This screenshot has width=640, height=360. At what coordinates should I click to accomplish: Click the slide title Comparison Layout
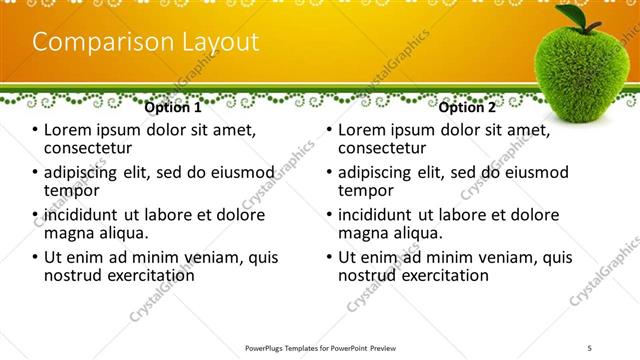(146, 42)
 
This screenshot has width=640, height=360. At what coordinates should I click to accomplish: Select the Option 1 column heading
(173, 107)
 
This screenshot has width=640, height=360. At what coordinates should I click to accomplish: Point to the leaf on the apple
(574, 17)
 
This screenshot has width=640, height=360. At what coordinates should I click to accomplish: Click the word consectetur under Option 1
(87, 148)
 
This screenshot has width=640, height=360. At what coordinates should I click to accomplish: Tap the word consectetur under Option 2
(381, 148)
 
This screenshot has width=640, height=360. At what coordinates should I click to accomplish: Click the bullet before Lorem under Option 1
(35, 131)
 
